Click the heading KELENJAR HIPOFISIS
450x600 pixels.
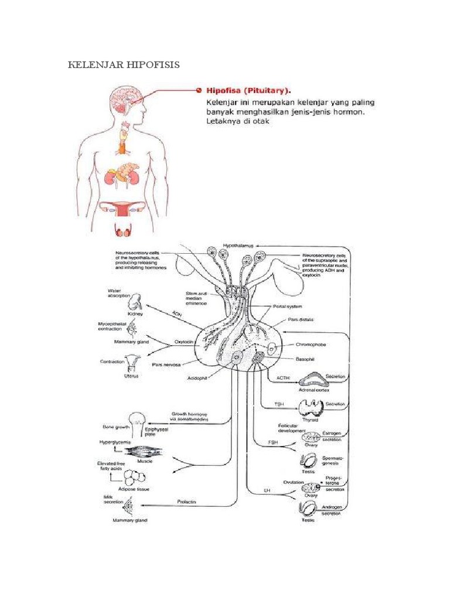coord(124,64)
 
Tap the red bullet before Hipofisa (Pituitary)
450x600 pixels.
coord(198,90)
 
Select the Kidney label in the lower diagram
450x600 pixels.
coord(137,314)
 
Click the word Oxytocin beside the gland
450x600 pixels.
coord(183,344)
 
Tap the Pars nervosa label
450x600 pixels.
coord(166,364)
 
